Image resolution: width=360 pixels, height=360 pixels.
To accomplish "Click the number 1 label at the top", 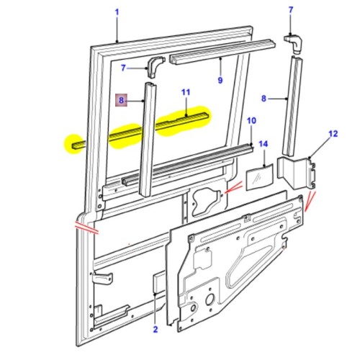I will click(117, 12).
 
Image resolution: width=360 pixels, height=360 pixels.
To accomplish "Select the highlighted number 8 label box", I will click(122, 102).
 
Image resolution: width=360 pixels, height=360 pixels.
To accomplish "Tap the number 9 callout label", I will click(220, 80).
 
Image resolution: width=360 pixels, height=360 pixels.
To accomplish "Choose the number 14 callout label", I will click(264, 146).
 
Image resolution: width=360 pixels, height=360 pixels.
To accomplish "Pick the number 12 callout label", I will click(333, 134).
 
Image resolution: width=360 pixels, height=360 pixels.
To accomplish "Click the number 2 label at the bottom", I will click(155, 330).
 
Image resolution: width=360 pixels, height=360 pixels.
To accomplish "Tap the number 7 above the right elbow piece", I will click(291, 10).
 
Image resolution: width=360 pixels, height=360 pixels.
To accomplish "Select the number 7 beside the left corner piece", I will click(123, 68).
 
